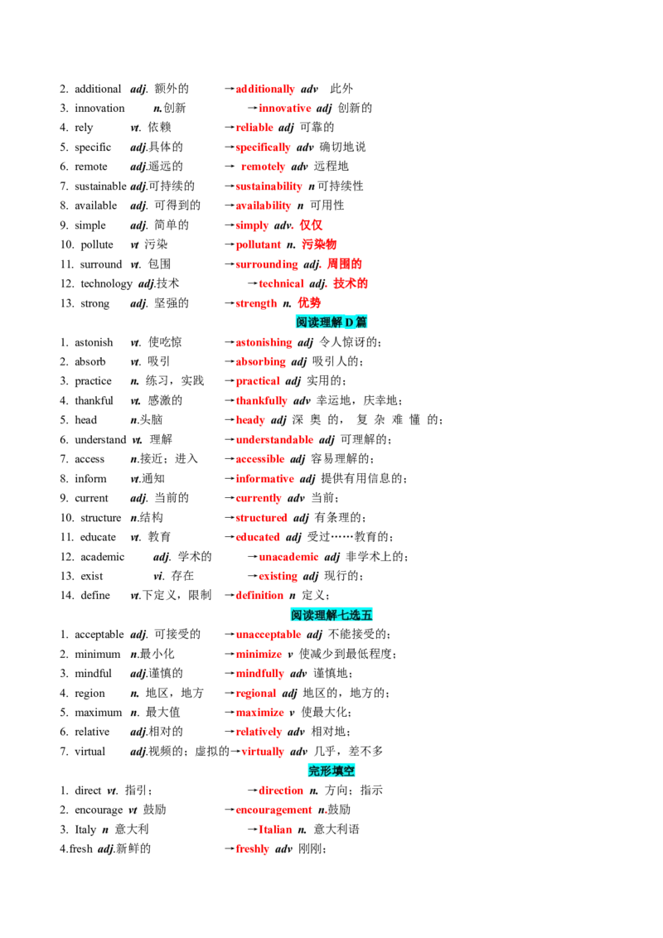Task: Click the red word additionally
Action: pyautogui.click(x=265, y=89)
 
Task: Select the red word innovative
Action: pyautogui.click(x=285, y=109)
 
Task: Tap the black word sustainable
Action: pyautogui.click(x=100, y=186)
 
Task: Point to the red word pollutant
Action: pyautogui.click(x=258, y=244)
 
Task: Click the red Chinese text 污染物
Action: pyautogui.click(x=319, y=244)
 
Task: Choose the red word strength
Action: pyautogui.click(x=256, y=303)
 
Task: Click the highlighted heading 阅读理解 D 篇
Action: pyautogui.click(x=331, y=322)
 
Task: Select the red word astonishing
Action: pyautogui.click(x=264, y=342)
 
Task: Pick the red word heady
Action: pyautogui.click(x=250, y=420)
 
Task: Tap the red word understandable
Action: pyautogui.click(x=274, y=440)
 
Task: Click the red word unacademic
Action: pyautogui.click(x=288, y=557)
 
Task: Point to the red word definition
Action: pyautogui.click(x=259, y=595)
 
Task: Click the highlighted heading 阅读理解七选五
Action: pyautogui.click(x=331, y=615)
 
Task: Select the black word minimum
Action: pyautogui.click(x=98, y=655)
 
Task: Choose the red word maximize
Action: pyautogui.click(x=259, y=713)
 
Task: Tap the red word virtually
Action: pyautogui.click(x=263, y=752)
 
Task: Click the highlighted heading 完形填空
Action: pyautogui.click(x=331, y=771)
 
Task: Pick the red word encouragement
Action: pyautogui.click(x=273, y=810)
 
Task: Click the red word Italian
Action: pyautogui.click(x=275, y=829)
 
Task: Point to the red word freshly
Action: pyautogui.click(x=253, y=849)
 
